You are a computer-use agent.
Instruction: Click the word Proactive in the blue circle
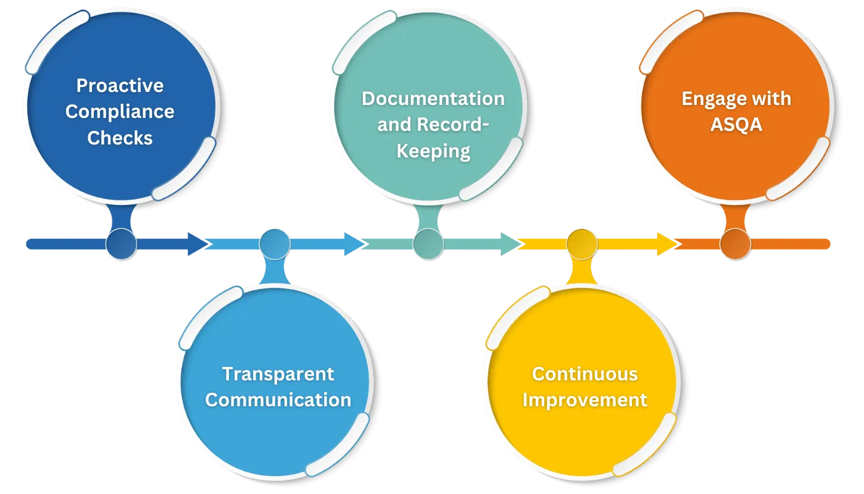click(120, 85)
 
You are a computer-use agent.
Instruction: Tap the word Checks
click(120, 138)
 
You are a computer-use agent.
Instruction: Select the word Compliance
click(120, 112)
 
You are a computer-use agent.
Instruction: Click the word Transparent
click(278, 374)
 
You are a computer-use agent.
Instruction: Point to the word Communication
click(278, 400)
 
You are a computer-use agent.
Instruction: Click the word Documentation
click(433, 99)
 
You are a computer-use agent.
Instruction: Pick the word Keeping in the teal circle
click(433, 151)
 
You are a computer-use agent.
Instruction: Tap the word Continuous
click(584, 374)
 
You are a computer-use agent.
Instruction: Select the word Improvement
click(584, 400)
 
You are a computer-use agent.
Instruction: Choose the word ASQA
click(736, 125)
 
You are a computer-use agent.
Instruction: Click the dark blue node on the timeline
click(121, 244)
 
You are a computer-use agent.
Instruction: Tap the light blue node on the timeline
click(275, 244)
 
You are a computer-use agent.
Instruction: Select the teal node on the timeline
click(428, 244)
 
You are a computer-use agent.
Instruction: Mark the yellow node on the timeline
click(581, 244)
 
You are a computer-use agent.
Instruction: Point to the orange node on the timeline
click(735, 244)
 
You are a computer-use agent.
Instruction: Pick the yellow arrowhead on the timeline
click(667, 244)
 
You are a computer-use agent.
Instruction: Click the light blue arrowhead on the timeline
click(354, 244)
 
